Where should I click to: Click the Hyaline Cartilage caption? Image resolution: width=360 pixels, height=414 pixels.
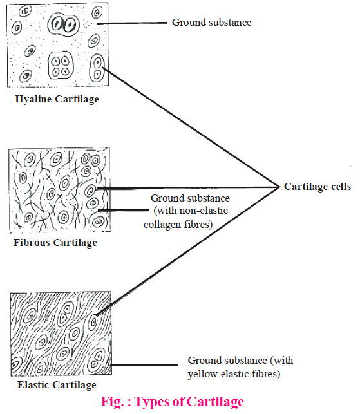pyautogui.click(x=57, y=99)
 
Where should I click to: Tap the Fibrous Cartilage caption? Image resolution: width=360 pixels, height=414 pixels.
pyautogui.click(x=55, y=243)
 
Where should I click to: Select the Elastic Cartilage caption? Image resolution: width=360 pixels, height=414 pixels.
pyautogui.click(x=57, y=385)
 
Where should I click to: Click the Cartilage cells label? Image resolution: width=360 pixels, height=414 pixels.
pyautogui.click(x=317, y=187)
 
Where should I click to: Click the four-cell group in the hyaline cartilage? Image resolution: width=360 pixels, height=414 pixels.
pyautogui.click(x=61, y=66)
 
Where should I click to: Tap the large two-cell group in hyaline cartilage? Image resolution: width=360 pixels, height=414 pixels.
pyautogui.click(x=63, y=24)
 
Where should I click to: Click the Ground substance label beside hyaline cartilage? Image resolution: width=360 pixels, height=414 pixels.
pyautogui.click(x=212, y=23)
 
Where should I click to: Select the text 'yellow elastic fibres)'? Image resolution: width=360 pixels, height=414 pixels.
pyautogui.click(x=234, y=374)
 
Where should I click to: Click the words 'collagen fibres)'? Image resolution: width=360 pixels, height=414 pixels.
pyautogui.click(x=178, y=225)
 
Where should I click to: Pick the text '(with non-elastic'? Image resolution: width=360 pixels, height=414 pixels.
pyautogui.click(x=191, y=211)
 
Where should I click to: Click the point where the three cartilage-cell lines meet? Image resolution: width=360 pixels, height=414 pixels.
pyautogui.click(x=279, y=187)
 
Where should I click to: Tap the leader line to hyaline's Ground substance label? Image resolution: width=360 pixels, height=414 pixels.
pyautogui.click(x=132, y=23)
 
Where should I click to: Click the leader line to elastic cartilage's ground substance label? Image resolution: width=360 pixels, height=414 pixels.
pyautogui.click(x=144, y=365)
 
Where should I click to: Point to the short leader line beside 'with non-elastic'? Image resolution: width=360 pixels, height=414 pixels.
pyautogui.click(x=124, y=211)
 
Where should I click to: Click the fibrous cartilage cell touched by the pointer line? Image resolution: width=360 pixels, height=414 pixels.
pyautogui.click(x=90, y=190)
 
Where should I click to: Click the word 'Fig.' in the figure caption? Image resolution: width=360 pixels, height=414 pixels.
pyautogui.click(x=112, y=402)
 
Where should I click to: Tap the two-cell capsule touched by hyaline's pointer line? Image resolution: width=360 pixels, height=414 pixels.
pyautogui.click(x=97, y=68)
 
